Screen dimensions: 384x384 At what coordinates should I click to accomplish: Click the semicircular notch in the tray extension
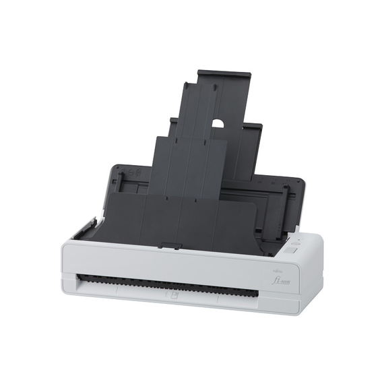tap(218, 124)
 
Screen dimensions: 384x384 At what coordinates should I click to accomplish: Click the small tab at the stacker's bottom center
tap(170, 245)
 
